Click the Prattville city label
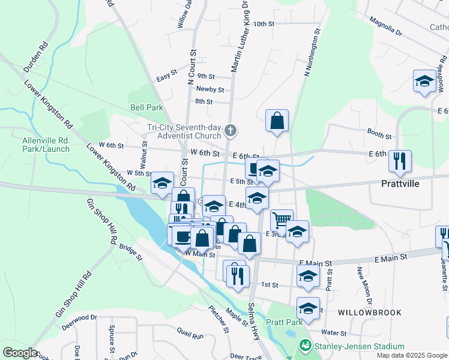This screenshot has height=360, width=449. (408, 183)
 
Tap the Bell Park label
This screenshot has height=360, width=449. (146, 108)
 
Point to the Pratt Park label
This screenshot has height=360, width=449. (285, 322)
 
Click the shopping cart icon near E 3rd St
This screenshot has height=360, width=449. (281, 219)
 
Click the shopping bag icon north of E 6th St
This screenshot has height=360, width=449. (277, 120)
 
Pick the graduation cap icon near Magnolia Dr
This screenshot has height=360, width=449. (424, 81)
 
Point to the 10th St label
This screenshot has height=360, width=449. (264, 24)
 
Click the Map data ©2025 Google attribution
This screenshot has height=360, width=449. (411, 355)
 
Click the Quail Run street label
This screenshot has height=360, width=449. (191, 331)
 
